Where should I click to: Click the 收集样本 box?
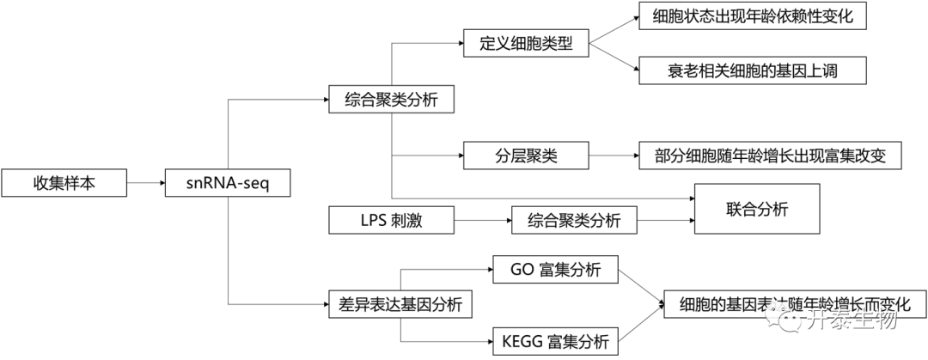pyautogui.click(x=64, y=183)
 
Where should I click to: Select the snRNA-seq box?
pyautogui.click(x=228, y=183)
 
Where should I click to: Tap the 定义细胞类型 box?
pyautogui.click(x=526, y=43)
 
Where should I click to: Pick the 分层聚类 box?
pyautogui.click(x=526, y=156)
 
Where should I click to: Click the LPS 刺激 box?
pyautogui.click(x=391, y=220)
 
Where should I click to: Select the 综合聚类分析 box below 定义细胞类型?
pyautogui.click(x=391, y=100)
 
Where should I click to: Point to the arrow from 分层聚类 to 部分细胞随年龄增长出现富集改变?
pyautogui.click(x=614, y=156)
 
